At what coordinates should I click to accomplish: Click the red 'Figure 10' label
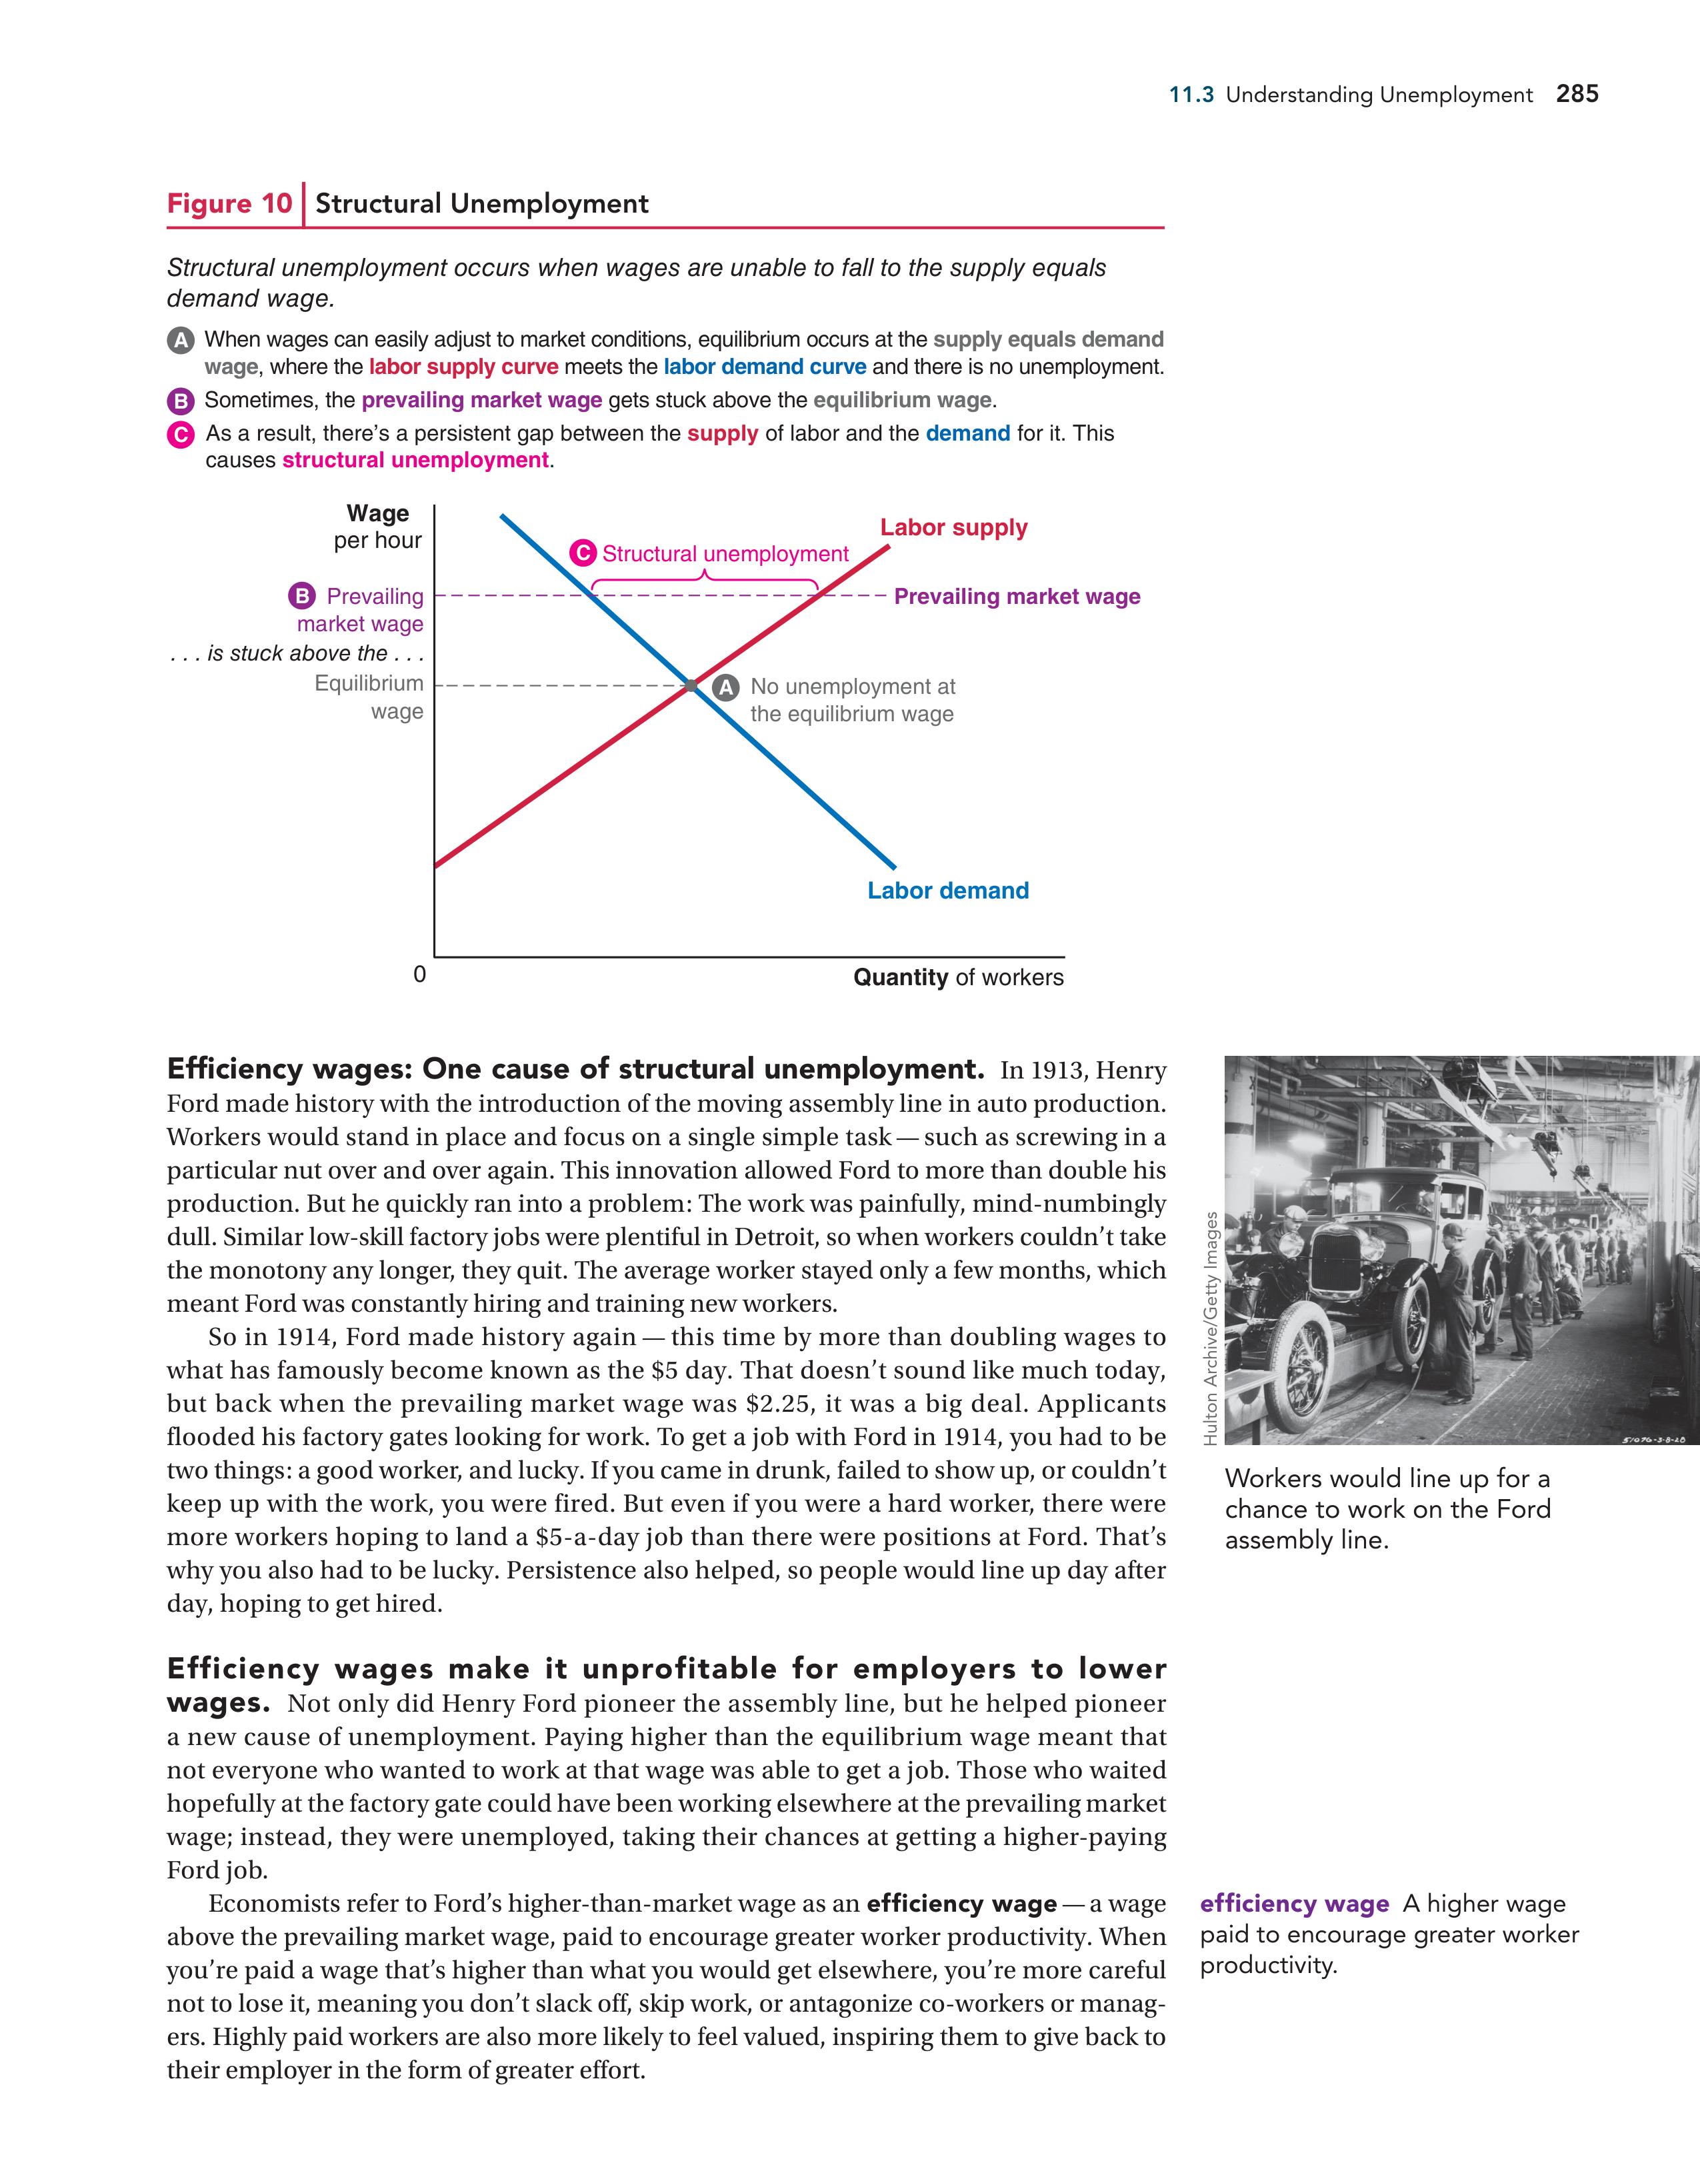pos(229,203)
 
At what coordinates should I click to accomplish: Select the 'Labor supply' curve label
pos(953,528)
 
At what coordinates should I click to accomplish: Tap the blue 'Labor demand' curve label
pos(947,891)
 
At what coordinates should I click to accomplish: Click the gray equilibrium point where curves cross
pos(691,685)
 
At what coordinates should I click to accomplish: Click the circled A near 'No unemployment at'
pos(726,687)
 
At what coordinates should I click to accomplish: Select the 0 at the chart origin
pos(419,974)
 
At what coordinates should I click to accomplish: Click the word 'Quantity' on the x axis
pos(900,977)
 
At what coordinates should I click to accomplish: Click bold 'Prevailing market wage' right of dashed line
pos(1017,597)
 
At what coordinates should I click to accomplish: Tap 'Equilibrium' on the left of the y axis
pos(369,683)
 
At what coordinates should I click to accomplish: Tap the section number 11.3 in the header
pos(1191,95)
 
